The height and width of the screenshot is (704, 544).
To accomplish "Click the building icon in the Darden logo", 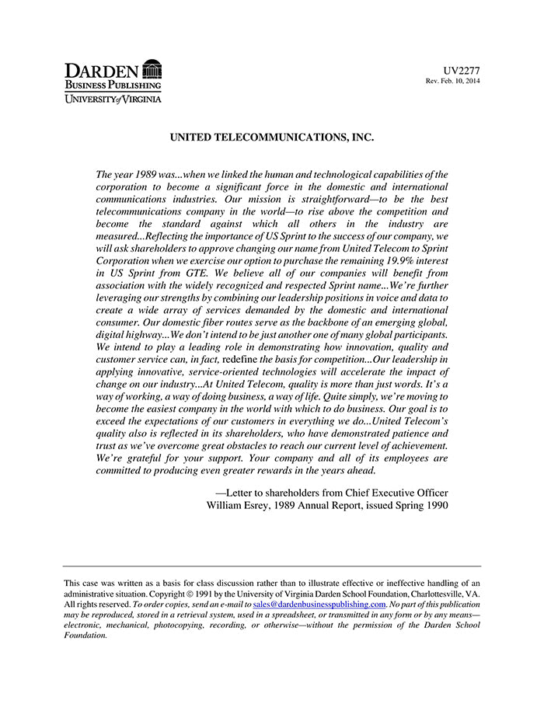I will tap(152, 68).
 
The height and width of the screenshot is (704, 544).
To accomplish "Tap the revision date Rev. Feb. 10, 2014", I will tap(452, 82).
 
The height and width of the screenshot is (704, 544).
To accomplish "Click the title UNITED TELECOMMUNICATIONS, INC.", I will tap(272, 138).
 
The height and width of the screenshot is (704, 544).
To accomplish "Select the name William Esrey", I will tap(240, 504).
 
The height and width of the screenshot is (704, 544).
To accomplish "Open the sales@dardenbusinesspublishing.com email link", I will tap(319, 605).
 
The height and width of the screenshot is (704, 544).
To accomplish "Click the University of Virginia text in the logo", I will tap(113, 99).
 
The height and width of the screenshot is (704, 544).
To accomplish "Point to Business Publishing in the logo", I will tap(113, 85).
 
